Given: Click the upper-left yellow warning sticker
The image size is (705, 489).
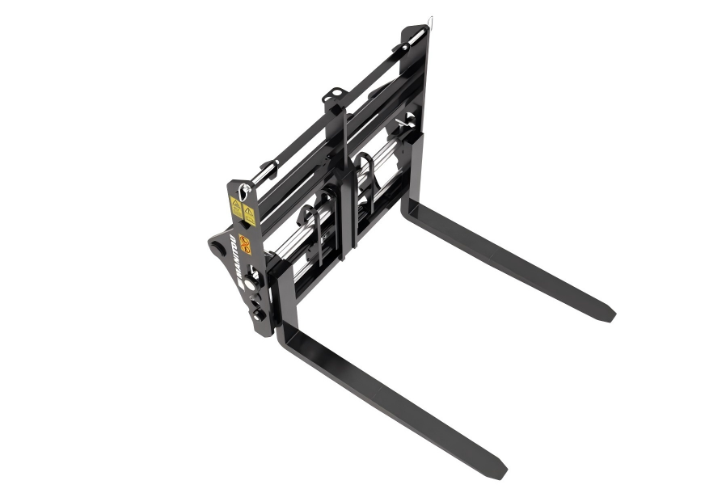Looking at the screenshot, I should [236, 204].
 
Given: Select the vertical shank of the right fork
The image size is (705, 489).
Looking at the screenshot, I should [417, 174].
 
